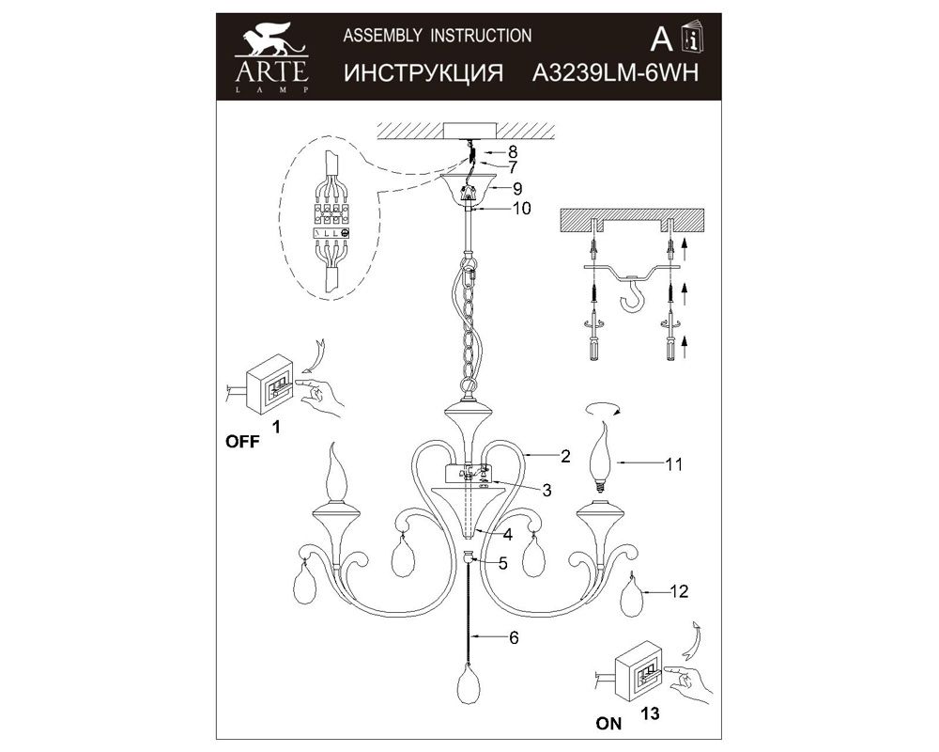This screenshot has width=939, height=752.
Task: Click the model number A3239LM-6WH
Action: [615, 73]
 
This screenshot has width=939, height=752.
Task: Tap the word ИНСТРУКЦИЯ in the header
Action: [423, 73]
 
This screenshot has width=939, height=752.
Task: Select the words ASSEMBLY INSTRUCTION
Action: [438, 36]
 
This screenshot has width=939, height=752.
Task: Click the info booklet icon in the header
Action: [694, 38]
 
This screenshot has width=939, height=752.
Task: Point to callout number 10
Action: [521, 208]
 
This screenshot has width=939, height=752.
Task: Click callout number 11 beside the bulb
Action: [673, 464]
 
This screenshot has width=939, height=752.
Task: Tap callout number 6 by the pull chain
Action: [514, 637]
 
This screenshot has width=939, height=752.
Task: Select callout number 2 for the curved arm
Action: [565, 456]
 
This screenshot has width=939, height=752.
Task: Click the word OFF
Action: [242, 442]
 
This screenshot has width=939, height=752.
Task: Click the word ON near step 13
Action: [609, 724]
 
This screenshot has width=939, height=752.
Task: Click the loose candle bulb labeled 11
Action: [603, 458]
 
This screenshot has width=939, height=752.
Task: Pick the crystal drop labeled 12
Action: [631, 595]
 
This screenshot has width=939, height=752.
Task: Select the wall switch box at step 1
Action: [270, 384]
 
